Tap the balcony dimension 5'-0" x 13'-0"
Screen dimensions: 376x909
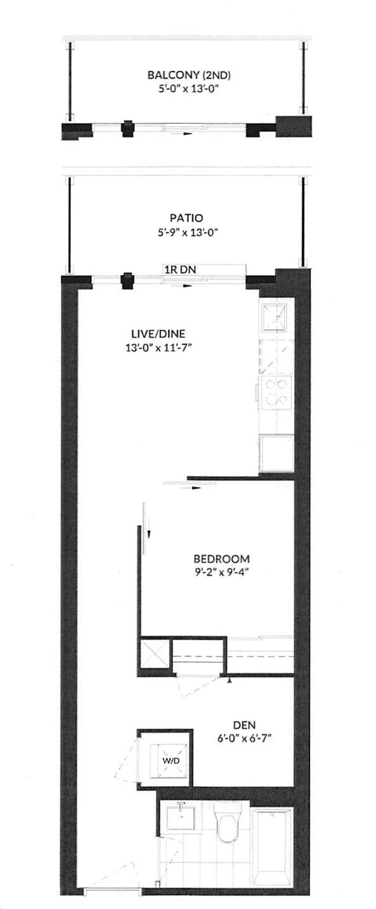click(189, 89)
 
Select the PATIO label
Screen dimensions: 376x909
click(186, 218)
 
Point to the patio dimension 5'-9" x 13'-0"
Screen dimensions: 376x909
click(188, 232)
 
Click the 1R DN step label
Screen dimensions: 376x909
click(180, 270)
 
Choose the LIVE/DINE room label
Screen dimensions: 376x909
click(158, 334)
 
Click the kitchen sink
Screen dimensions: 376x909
click(274, 317)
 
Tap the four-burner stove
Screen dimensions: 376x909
click(276, 392)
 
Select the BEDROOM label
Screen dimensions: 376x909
click(222, 559)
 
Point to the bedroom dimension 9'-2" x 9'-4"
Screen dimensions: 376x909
click(222, 573)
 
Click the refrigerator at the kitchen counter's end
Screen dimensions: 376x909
click(276, 453)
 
